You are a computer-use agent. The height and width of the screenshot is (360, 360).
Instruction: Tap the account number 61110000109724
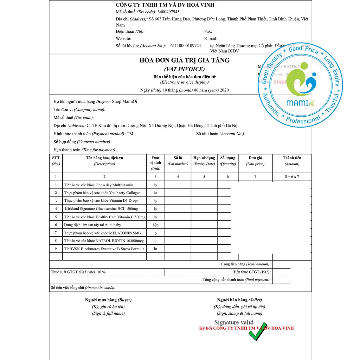coord(186,46)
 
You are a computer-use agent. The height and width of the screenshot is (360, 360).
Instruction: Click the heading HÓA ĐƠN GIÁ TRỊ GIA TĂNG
coord(184,60)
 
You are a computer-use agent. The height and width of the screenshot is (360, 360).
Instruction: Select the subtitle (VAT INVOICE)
coord(184,69)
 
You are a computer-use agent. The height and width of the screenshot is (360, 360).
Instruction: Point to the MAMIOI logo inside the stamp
coord(301,88)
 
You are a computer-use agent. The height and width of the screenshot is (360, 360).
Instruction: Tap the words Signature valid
coord(234,322)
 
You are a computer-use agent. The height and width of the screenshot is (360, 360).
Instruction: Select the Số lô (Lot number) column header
coord(178,161)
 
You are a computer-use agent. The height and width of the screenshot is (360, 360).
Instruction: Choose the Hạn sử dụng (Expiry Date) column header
coord(204,161)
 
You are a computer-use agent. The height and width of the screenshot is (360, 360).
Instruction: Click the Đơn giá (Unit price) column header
coord(255,161)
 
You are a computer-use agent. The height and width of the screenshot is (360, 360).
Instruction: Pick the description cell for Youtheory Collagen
coord(102,193)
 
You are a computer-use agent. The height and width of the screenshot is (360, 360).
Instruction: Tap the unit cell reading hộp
coord(155,225)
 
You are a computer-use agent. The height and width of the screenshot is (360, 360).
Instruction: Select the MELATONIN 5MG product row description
coord(103,233)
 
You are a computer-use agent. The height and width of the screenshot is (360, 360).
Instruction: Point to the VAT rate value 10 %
coord(101,272)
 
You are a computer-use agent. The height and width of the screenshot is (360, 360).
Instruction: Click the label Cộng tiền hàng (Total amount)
coord(246,264)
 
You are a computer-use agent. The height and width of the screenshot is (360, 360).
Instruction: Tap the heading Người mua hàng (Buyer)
coord(108,300)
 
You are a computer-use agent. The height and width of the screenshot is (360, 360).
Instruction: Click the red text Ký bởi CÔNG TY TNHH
coord(246,328)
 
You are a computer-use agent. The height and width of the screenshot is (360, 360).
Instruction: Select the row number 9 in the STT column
coord(56,249)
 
